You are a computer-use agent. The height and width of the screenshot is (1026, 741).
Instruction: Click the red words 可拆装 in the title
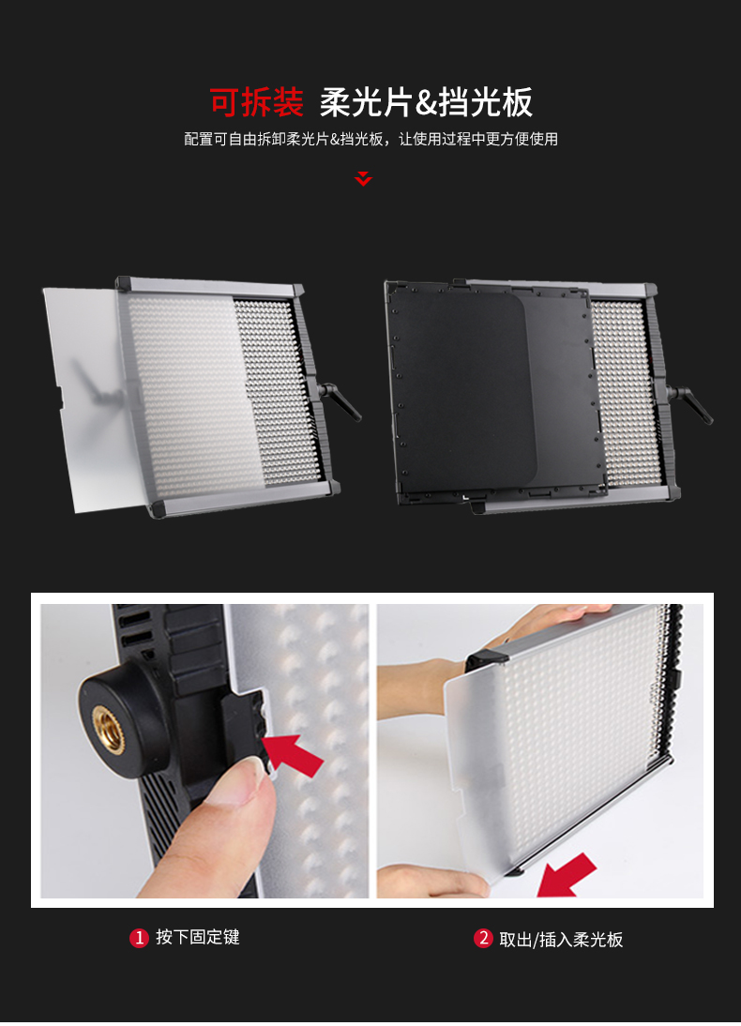point(257,103)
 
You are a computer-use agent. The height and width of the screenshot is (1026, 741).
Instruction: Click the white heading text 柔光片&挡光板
point(426,103)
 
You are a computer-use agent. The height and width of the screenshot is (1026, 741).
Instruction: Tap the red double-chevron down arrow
point(363,178)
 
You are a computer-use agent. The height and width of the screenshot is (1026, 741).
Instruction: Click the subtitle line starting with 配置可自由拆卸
point(371,139)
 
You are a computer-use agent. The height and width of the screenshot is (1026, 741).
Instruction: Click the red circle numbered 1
point(139,938)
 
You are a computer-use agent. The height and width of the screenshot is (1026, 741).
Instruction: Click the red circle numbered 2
point(483,938)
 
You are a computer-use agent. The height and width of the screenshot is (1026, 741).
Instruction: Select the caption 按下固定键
point(198,937)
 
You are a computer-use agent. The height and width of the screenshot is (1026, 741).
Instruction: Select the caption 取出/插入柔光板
point(561,940)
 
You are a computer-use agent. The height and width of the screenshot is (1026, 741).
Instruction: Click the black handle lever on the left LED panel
point(340,400)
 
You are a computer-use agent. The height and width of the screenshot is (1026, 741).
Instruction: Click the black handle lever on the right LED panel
point(690,403)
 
